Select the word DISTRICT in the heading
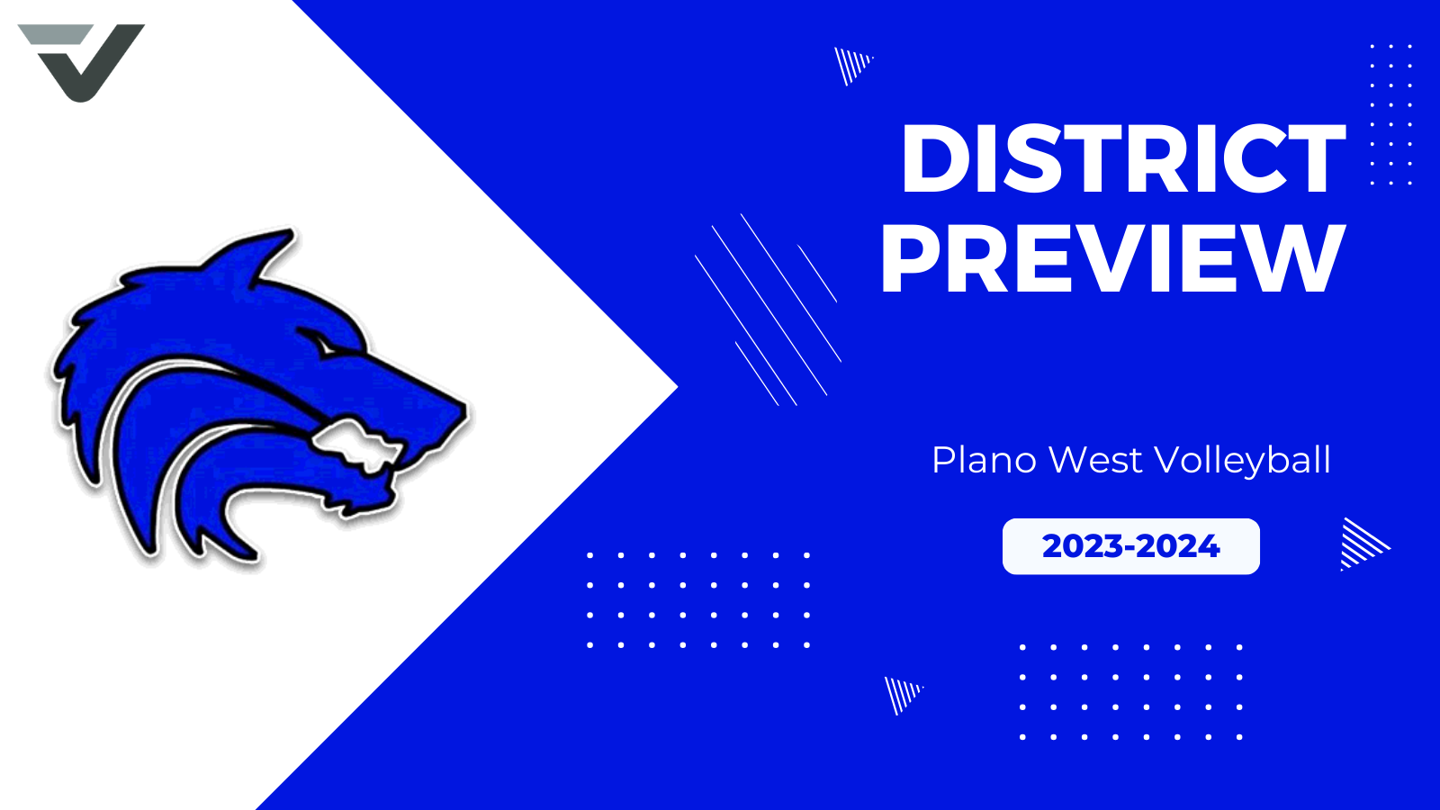(1122, 159)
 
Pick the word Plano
(984, 460)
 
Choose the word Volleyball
(1242, 460)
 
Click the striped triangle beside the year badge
(1361, 544)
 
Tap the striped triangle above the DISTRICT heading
(851, 64)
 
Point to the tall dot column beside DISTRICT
(1390, 114)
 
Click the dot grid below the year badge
(1130, 691)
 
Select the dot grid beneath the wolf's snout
(698, 599)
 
